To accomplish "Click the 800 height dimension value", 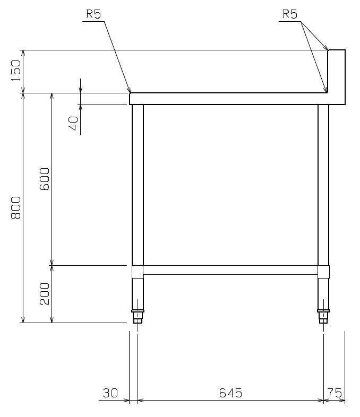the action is pyautogui.click(x=16, y=207).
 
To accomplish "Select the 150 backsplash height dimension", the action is pyautogui.click(x=16, y=71).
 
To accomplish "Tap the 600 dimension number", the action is pyautogui.click(x=45, y=179).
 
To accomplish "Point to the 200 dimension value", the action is pyautogui.click(x=45, y=293).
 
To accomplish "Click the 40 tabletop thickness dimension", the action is pyautogui.click(x=74, y=123).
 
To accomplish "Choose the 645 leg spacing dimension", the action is pyautogui.click(x=230, y=393).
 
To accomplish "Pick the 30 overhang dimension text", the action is pyautogui.click(x=110, y=393).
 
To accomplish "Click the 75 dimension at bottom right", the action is pyautogui.click(x=335, y=393).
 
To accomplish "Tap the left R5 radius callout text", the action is pyautogui.click(x=93, y=14).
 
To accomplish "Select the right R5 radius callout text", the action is pyautogui.click(x=290, y=14).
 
